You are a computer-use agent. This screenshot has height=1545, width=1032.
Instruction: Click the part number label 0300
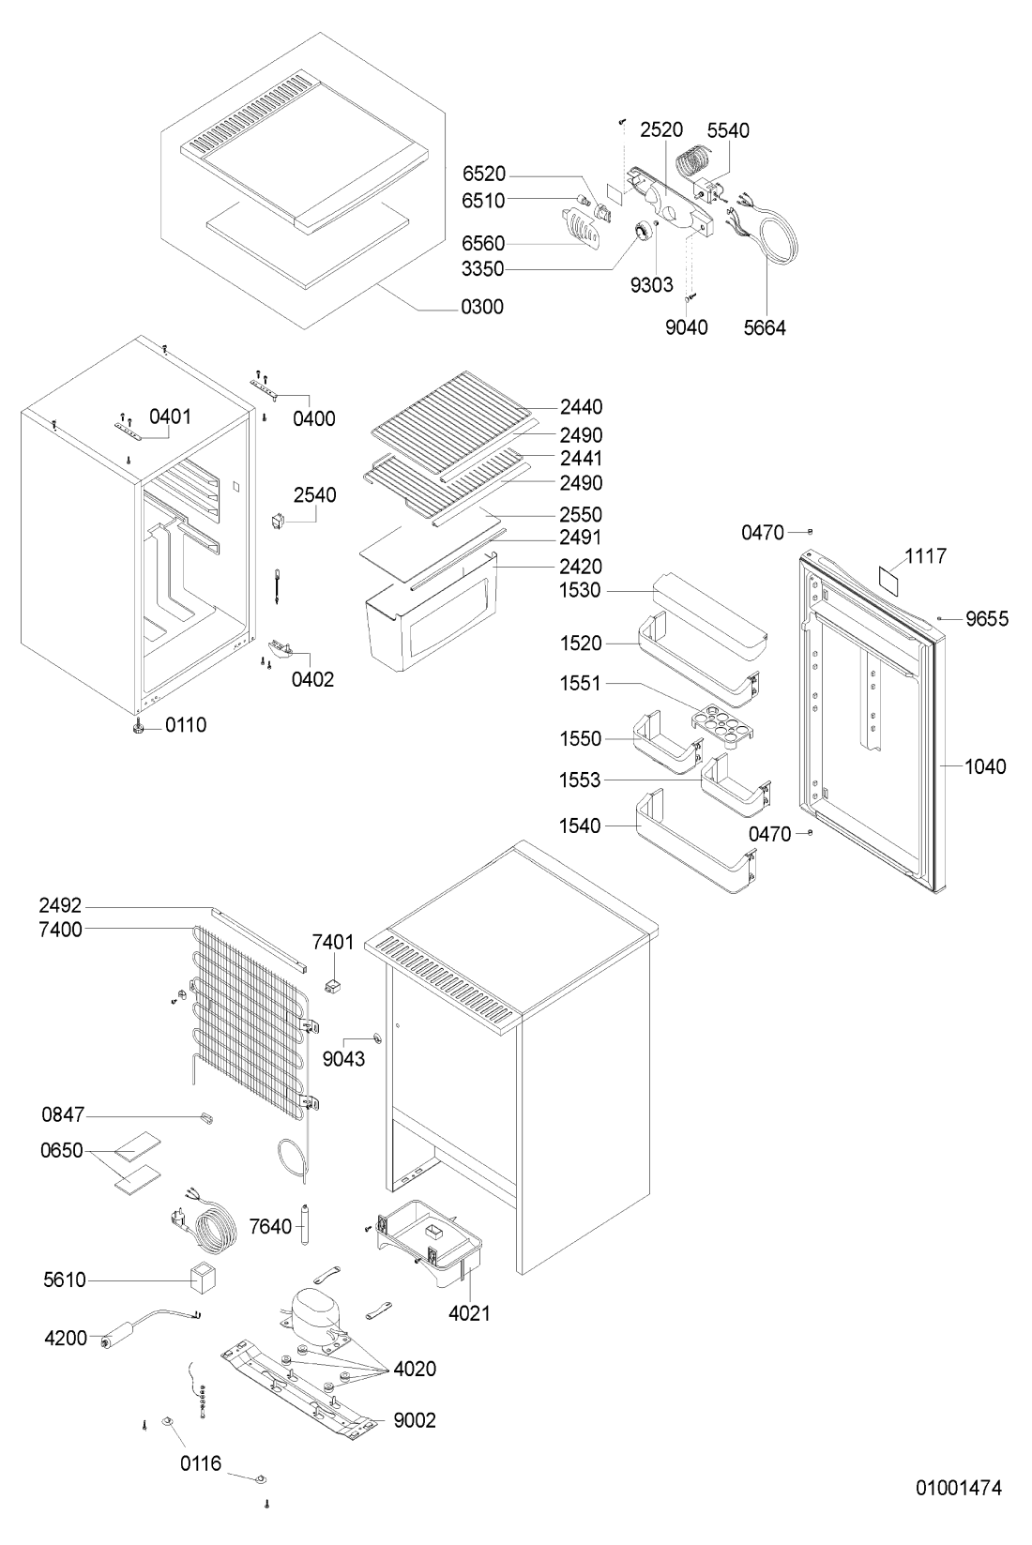coord(482,307)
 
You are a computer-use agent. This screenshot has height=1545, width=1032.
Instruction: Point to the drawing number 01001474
coord(959,1488)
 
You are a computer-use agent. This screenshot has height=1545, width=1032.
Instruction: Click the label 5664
coord(766,327)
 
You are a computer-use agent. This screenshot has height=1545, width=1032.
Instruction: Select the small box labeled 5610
coord(203,1279)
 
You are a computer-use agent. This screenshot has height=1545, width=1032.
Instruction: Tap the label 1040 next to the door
coord(985,766)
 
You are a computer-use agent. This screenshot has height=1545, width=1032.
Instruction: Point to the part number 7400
coord(61,930)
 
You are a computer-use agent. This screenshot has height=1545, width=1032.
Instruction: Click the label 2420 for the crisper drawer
coord(581,567)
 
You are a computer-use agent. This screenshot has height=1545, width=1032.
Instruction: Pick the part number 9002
coord(415,1420)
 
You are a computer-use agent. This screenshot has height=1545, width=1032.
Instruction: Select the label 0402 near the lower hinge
coord(312,679)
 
